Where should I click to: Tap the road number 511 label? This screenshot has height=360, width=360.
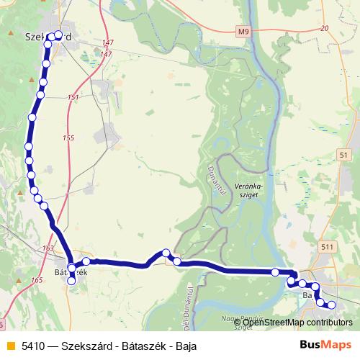(329, 247)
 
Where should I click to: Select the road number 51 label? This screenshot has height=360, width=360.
(343, 155)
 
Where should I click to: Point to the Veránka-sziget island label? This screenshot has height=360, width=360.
(249, 189)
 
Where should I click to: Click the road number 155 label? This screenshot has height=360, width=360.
(68, 138)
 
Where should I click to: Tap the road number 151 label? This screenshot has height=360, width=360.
(73, 97)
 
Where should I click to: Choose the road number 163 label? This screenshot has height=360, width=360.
(48, 248)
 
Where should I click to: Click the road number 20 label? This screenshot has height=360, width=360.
(325, 28)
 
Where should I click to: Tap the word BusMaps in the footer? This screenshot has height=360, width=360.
(326, 345)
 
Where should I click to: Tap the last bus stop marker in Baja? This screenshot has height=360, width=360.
(332, 305)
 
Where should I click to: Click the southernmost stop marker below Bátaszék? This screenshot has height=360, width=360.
(71, 282)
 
